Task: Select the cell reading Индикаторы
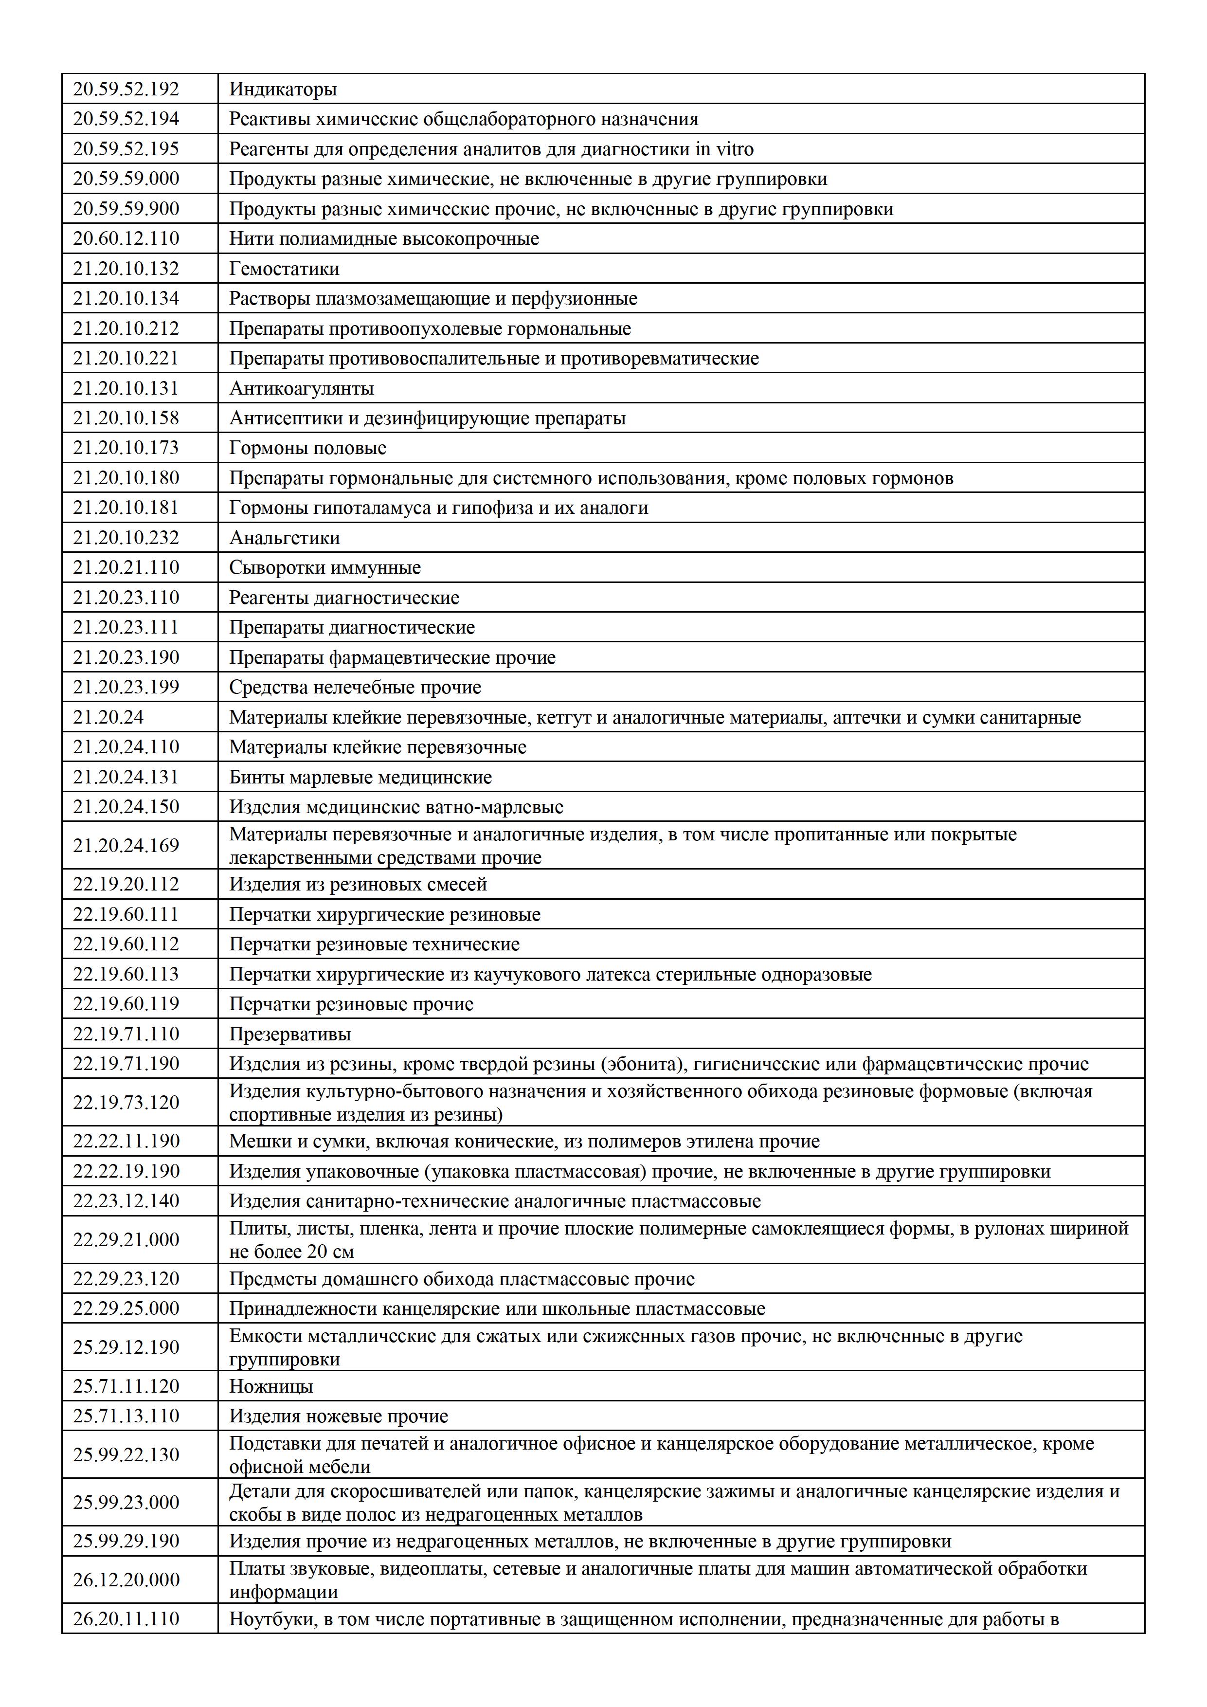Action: point(283,89)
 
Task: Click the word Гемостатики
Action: point(284,269)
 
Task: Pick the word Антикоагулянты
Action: point(301,388)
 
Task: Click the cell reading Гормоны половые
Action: point(307,448)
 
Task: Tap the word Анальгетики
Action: point(284,538)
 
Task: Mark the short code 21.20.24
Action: point(108,717)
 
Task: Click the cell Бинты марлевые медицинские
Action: point(360,777)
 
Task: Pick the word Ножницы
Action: point(270,1386)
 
